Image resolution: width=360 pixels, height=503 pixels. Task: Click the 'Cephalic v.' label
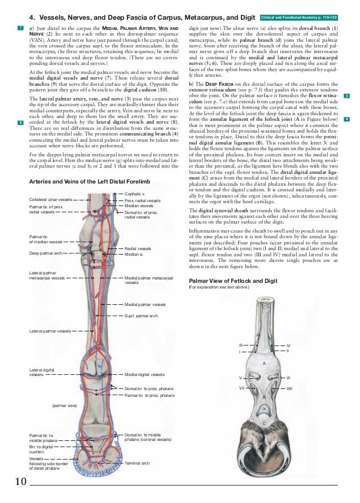point(135,194)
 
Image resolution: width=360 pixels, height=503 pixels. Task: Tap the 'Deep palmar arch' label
point(45,253)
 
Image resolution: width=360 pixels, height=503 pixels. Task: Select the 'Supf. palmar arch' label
point(141,316)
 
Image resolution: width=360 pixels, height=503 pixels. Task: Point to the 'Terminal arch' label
point(137,463)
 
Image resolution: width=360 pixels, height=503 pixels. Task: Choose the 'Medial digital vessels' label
point(144,374)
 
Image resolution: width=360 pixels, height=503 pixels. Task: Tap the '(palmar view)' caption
point(64,405)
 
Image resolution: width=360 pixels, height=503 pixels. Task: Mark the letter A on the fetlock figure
point(264,363)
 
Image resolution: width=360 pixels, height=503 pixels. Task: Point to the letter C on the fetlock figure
point(264,423)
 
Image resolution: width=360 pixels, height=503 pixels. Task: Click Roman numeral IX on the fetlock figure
point(264,408)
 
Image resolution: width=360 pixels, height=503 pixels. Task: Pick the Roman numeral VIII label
point(289,389)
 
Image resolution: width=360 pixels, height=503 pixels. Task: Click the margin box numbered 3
point(346,96)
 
